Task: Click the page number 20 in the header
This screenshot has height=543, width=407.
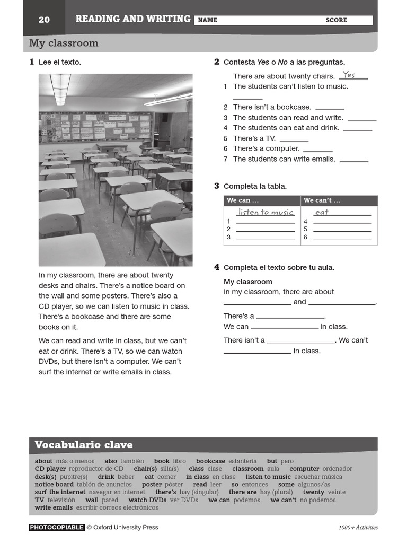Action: point(44,20)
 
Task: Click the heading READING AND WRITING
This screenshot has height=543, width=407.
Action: point(133,19)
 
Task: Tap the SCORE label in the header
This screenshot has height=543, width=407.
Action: point(337,20)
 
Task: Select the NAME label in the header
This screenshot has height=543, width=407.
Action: point(208,20)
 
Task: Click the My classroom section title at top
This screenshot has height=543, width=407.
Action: point(64,43)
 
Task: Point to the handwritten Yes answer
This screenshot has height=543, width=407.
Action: point(349,75)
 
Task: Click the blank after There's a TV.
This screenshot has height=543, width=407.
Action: point(294,139)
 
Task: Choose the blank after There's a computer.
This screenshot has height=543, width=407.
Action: point(318,149)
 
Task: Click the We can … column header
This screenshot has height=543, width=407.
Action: point(243,200)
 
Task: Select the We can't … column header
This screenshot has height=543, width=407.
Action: point(322,200)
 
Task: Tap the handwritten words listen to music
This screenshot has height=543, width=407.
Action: point(266,212)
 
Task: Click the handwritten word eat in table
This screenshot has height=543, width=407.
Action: point(322,212)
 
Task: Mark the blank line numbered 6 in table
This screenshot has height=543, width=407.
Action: point(342,238)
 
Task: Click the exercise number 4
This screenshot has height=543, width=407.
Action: point(217,267)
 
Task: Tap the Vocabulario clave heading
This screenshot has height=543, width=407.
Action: point(84,444)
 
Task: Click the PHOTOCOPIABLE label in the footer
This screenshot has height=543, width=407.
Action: point(57,527)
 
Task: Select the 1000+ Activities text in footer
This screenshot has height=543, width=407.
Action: point(358,528)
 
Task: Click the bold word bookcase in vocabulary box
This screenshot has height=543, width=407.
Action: point(210,461)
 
